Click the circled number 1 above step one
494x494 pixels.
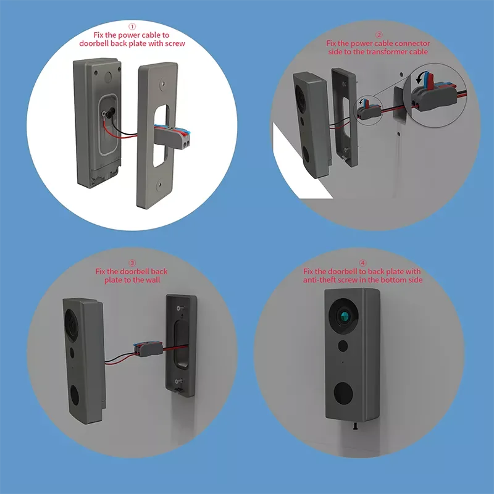132,27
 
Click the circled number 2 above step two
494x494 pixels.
379,35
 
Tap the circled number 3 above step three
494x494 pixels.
132,263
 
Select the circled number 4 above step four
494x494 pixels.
362,263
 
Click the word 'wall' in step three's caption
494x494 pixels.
152,280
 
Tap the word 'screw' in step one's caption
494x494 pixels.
174,43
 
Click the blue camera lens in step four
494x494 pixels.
345,316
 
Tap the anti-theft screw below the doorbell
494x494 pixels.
356,426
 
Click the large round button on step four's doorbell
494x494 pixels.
343,393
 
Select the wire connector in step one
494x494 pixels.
173,136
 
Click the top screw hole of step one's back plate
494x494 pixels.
162,84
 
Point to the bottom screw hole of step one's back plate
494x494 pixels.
159,184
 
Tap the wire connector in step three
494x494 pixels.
148,349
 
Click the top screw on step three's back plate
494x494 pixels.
180,308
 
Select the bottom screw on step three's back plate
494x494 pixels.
178,382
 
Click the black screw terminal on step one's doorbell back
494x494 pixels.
111,113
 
